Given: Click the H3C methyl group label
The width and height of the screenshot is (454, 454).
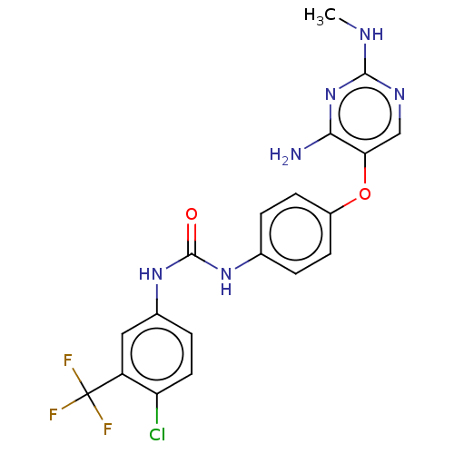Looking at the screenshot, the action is click(320, 16).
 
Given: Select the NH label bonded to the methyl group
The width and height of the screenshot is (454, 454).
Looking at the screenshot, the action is click(371, 35).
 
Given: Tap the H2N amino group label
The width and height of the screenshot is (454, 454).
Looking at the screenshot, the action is click(286, 155).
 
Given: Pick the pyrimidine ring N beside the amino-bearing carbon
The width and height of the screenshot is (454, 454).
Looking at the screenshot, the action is click(331, 94).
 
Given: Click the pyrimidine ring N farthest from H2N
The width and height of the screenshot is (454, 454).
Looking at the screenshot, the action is click(400, 94).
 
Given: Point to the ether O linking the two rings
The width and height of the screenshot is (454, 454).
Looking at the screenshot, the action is click(365, 193).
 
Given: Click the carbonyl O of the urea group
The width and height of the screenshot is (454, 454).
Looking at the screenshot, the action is click(192, 214).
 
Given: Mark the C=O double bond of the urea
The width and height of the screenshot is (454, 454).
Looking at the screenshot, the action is click(192, 239).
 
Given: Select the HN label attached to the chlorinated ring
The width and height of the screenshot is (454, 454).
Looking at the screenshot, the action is click(151, 274).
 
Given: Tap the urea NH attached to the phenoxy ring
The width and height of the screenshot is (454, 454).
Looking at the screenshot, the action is click(226, 281).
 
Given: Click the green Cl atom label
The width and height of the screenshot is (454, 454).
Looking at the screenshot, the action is click(157, 435).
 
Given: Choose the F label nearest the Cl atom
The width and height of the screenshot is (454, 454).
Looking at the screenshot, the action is click(108, 429).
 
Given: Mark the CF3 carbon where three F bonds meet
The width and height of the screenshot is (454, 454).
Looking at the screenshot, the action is click(88, 393).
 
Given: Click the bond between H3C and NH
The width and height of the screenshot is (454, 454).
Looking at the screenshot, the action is click(348, 24).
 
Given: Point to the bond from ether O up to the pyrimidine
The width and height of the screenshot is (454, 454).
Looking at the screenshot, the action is click(365, 168).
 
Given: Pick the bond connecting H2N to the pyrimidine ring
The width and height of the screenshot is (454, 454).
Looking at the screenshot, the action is click(317, 141).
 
